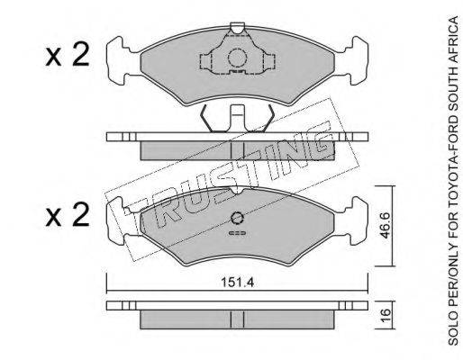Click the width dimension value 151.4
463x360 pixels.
pyautogui.click(x=237, y=283)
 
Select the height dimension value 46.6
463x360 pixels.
pyautogui.click(x=385, y=225)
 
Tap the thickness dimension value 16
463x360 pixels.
pyautogui.click(x=386, y=315)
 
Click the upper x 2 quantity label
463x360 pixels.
pyautogui.click(x=68, y=54)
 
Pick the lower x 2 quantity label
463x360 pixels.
pyautogui.click(x=68, y=214)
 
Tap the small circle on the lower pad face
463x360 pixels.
pyautogui.click(x=237, y=218)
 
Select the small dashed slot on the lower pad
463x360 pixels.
pyautogui.click(x=237, y=233)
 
